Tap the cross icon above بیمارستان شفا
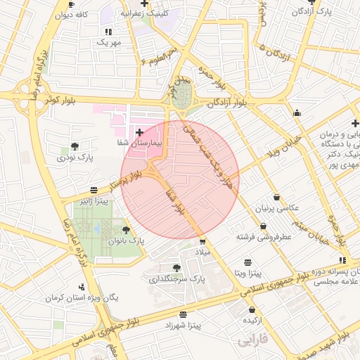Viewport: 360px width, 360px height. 139,131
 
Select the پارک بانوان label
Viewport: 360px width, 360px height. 126,240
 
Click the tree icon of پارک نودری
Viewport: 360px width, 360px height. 75,146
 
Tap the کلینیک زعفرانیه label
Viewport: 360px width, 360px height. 145,13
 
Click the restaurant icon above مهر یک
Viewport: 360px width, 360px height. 108,32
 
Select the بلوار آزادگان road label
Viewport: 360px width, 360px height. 226,103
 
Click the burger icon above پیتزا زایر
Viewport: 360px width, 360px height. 94,190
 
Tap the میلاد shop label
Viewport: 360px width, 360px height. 202,252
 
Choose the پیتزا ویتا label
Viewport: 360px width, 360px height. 248,271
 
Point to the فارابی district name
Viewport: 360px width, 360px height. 252,342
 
